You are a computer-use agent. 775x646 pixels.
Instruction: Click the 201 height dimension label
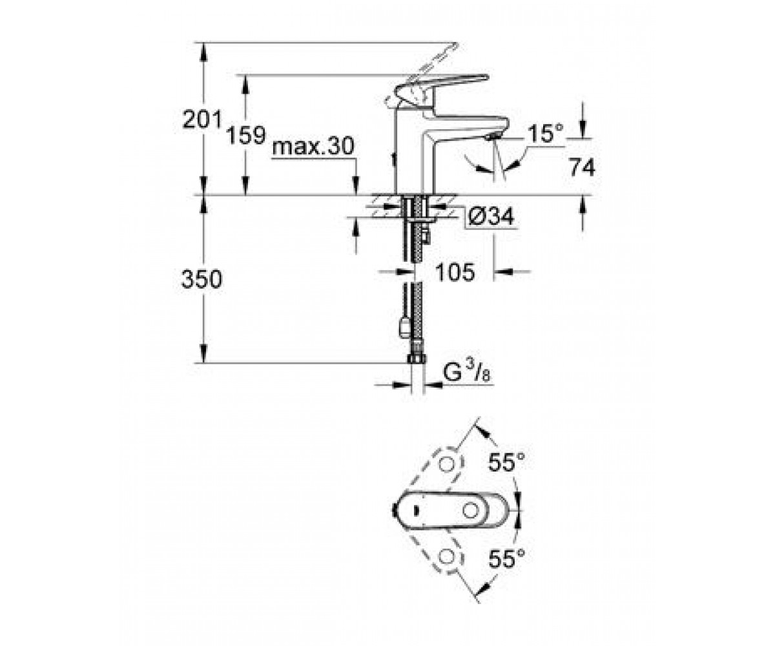[202, 120]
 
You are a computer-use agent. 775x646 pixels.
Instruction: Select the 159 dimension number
[246, 135]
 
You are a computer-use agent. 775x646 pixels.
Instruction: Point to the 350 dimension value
[201, 279]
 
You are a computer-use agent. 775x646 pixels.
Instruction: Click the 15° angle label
[545, 133]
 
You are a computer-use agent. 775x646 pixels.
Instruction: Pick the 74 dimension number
[582, 167]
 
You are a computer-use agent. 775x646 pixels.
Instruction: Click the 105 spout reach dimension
[455, 272]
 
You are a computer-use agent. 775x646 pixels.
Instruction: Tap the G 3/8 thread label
[466, 373]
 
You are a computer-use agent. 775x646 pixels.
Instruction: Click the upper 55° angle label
[506, 462]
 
